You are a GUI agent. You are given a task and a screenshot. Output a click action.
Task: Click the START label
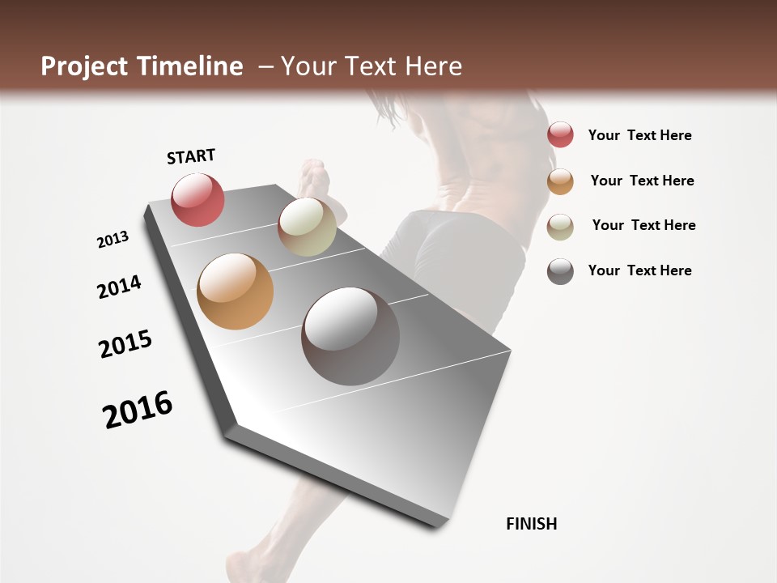pos(191,156)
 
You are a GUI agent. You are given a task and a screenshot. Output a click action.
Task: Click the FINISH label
pos(532,524)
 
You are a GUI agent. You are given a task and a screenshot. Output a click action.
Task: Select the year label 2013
pos(113,240)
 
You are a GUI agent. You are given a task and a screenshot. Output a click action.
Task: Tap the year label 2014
pos(119,287)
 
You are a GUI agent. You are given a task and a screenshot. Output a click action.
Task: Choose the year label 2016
pos(138,410)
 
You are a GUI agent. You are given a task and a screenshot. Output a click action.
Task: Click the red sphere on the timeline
pos(198,199)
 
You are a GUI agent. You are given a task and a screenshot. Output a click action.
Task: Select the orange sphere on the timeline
pos(235,291)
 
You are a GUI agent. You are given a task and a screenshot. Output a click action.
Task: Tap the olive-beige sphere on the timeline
pos(307,227)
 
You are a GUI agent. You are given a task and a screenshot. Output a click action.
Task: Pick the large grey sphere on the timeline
pos(350,336)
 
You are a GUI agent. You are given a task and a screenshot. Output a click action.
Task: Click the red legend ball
pos(560,134)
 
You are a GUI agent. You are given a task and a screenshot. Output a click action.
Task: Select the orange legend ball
pos(560,181)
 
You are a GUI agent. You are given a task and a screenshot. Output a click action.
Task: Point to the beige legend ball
pos(560,227)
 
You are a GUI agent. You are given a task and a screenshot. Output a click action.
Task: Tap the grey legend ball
pos(560,271)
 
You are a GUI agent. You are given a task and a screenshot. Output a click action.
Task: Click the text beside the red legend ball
pos(639,135)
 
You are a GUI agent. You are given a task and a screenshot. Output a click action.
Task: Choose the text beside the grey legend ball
pos(639,270)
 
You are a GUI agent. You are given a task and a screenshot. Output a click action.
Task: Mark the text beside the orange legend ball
pos(642,181)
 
